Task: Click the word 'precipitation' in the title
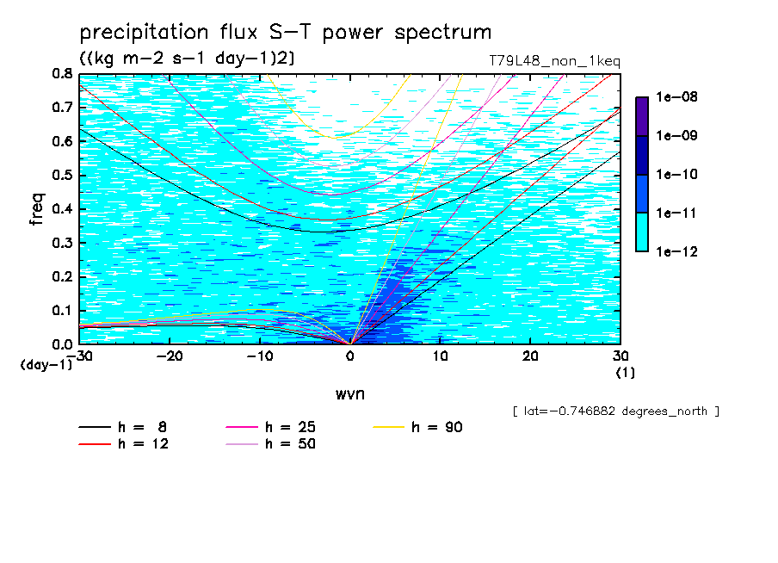(x=144, y=33)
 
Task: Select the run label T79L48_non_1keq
(x=555, y=62)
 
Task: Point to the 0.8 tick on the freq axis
(x=62, y=74)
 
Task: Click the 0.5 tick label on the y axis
(x=62, y=176)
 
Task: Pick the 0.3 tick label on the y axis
(x=62, y=244)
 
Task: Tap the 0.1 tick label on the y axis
(x=62, y=311)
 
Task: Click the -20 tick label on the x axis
(x=170, y=356)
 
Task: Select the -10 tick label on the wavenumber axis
(x=260, y=356)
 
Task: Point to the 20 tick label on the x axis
(x=530, y=356)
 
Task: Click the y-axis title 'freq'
(x=37, y=209)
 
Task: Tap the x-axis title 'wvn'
(x=350, y=394)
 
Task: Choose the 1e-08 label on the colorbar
(x=676, y=96)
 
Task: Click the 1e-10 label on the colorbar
(x=676, y=174)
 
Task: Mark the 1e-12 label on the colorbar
(x=676, y=251)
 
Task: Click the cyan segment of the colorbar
(x=642, y=232)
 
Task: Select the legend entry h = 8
(x=123, y=427)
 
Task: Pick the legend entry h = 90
(x=417, y=427)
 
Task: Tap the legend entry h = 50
(x=270, y=443)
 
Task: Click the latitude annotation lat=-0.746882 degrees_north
(x=616, y=411)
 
